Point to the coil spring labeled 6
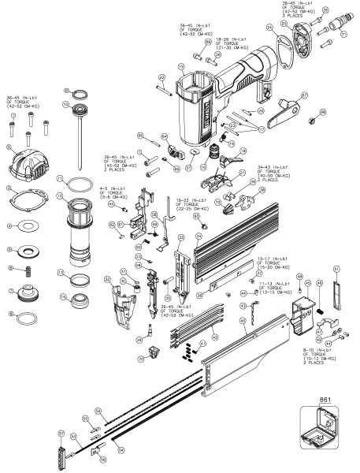pos(28,270)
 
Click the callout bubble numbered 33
pos(180,236)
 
